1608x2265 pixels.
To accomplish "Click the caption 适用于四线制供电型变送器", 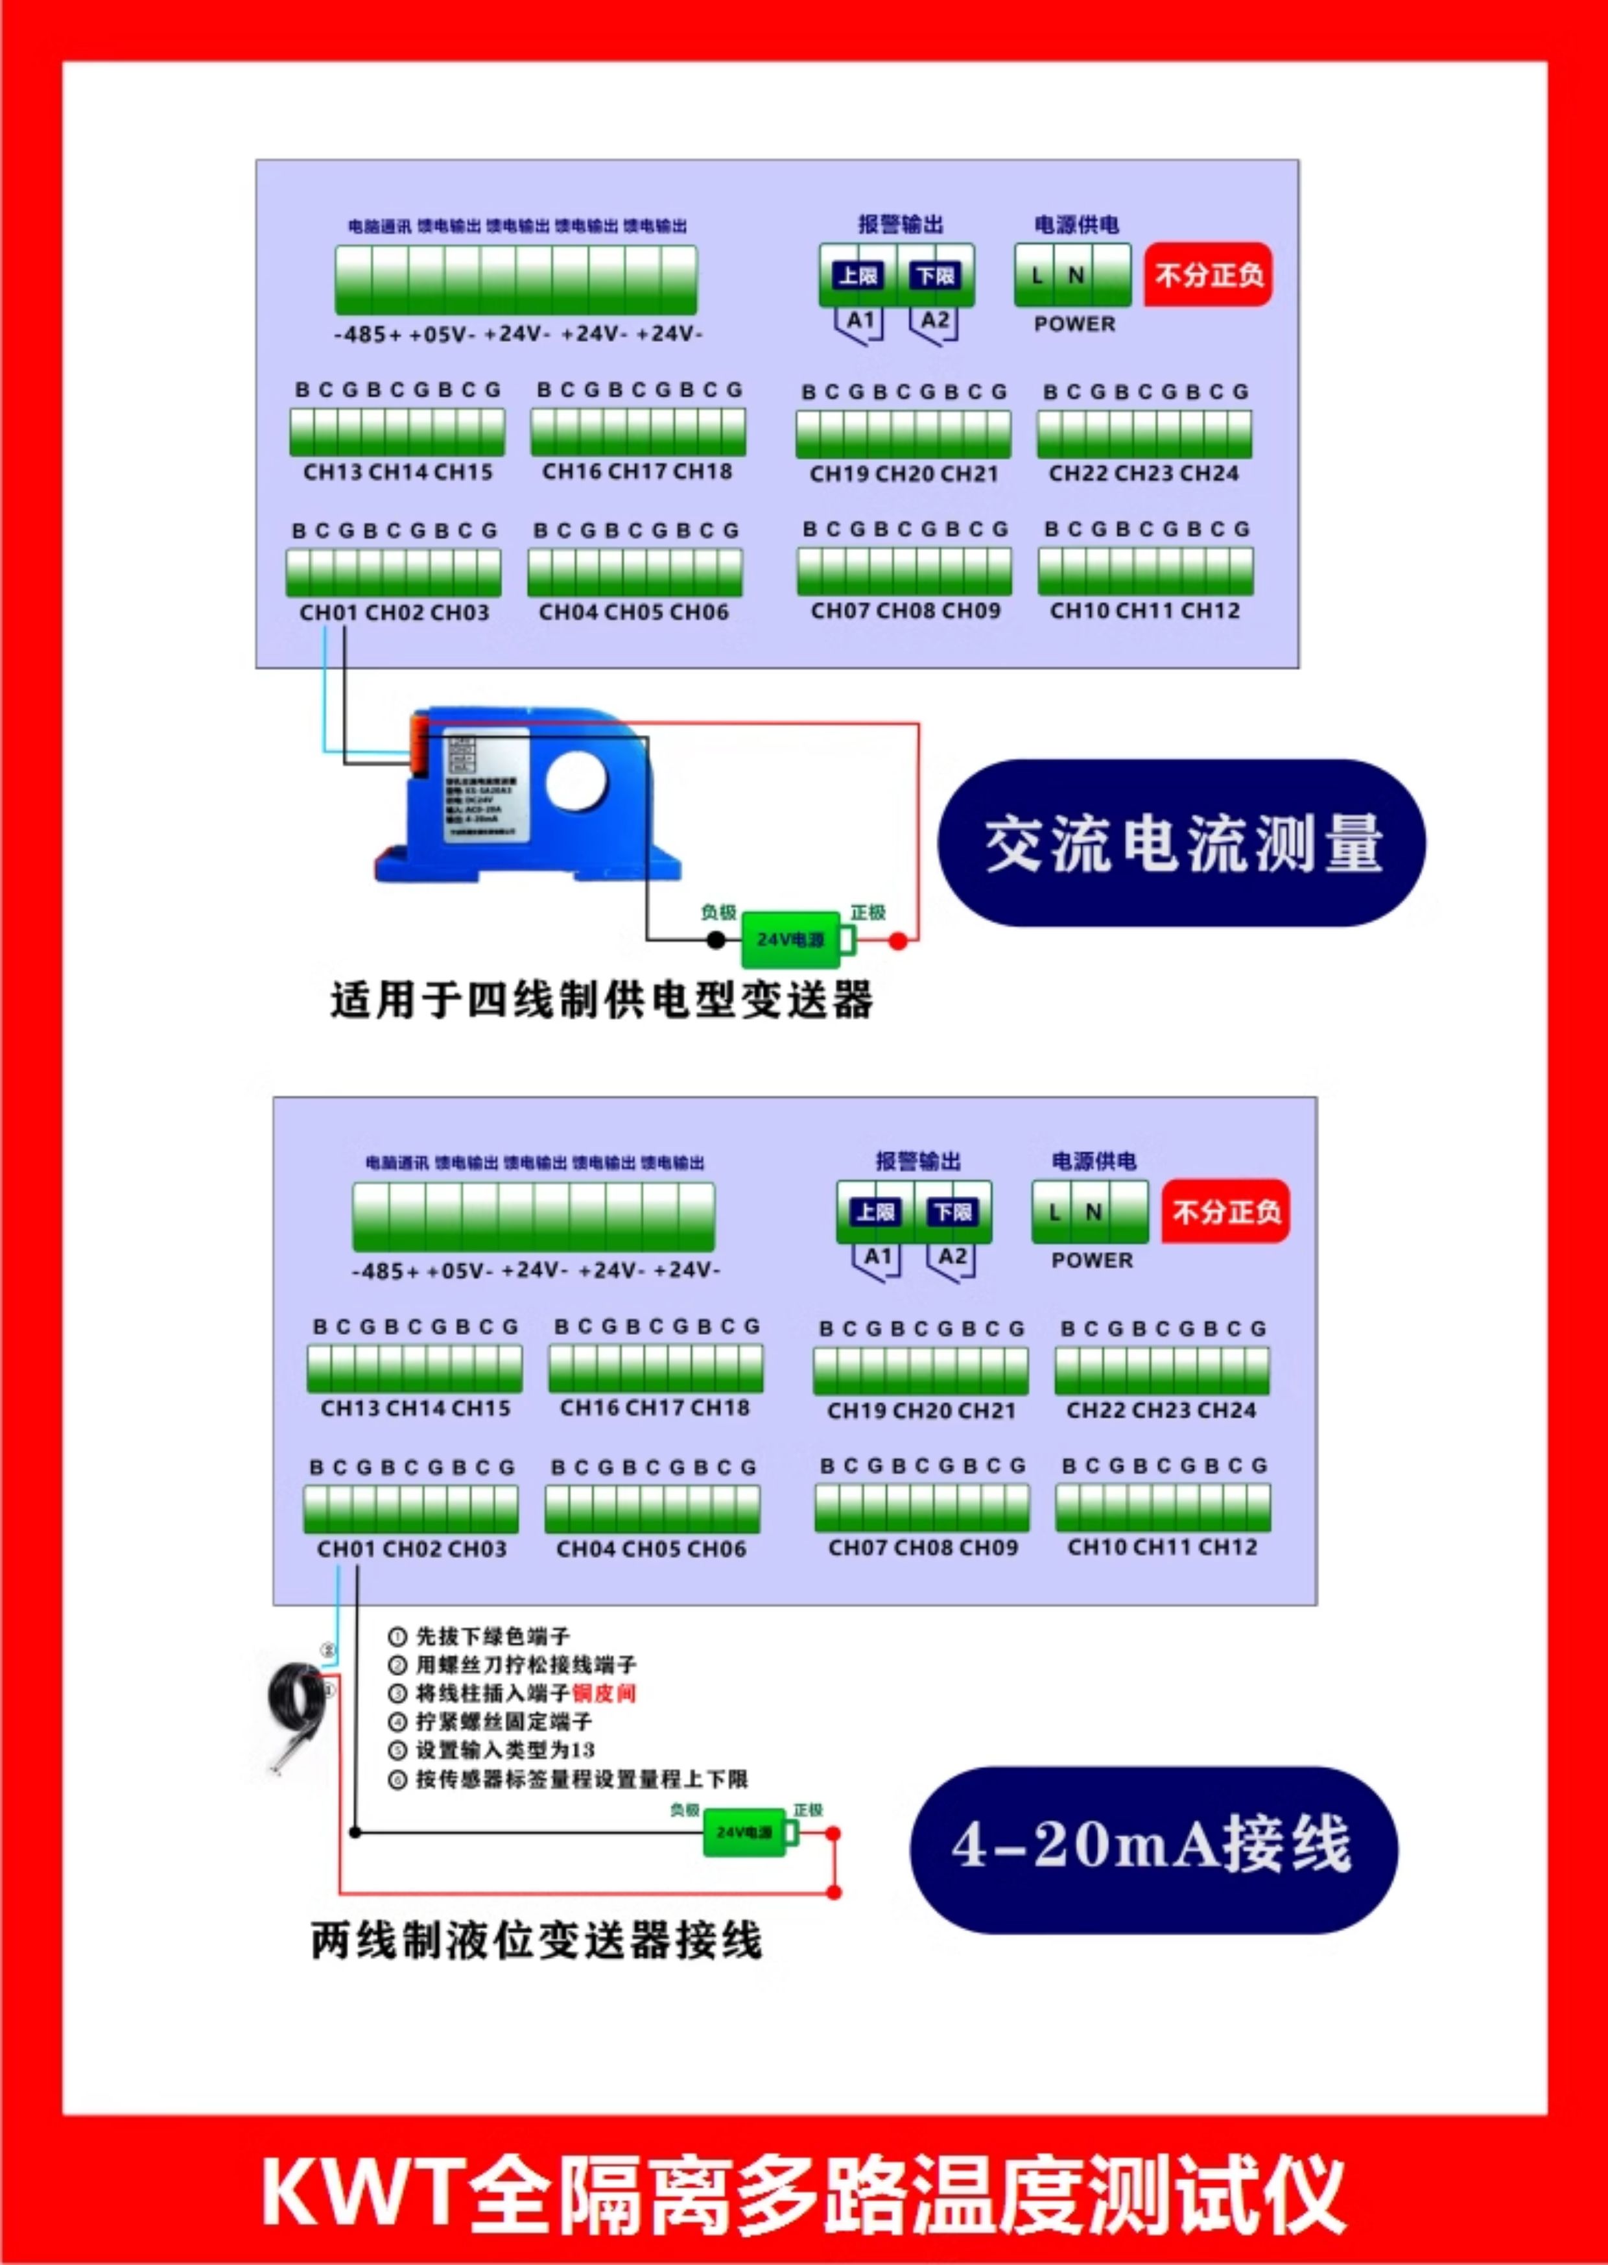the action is click(x=601, y=1000).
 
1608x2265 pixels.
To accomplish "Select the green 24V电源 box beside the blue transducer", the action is click(x=790, y=939).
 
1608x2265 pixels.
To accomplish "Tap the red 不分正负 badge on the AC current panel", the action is click(x=1207, y=274).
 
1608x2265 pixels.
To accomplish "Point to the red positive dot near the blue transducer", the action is click(x=898, y=941).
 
